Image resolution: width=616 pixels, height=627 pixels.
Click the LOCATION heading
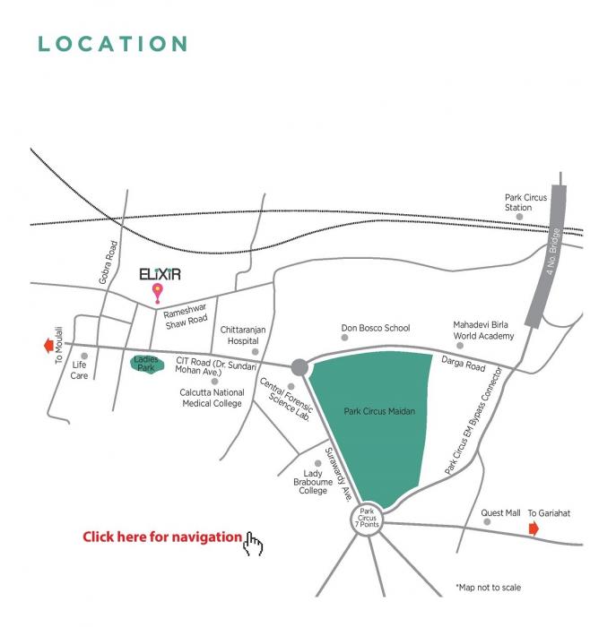[x=113, y=44]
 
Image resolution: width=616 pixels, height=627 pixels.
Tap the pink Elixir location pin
[x=159, y=291]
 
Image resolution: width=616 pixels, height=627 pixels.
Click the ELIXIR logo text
[x=162, y=273]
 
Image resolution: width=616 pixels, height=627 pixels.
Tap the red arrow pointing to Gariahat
[x=534, y=529]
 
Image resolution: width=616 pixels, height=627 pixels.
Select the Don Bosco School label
[x=375, y=329]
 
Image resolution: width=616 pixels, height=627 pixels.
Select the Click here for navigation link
[x=162, y=537]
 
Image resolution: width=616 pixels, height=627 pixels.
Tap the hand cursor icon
[x=254, y=544]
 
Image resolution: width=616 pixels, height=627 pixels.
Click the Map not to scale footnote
[x=488, y=588]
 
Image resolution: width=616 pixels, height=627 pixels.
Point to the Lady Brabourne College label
[x=313, y=482]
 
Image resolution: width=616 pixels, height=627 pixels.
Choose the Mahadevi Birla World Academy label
[x=483, y=331]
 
